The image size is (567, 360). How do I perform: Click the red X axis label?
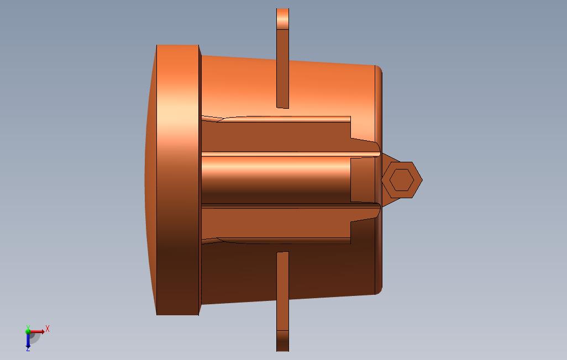coord(48,329)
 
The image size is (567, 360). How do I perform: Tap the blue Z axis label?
coord(28,349)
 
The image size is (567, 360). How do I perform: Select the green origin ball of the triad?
coord(29,332)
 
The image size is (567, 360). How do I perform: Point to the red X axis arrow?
coord(39,332)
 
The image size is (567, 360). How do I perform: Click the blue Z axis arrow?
coord(28,341)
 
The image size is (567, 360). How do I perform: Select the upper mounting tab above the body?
coord(282,66)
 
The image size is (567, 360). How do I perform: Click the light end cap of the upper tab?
coord(282,19)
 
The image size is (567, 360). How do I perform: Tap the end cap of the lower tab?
coord(282,341)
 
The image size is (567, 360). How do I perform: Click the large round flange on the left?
coord(178,180)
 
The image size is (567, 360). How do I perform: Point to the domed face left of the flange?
coord(150,180)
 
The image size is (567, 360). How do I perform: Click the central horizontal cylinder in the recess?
coord(276,180)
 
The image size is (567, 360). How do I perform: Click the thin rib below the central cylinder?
coord(287,205)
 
